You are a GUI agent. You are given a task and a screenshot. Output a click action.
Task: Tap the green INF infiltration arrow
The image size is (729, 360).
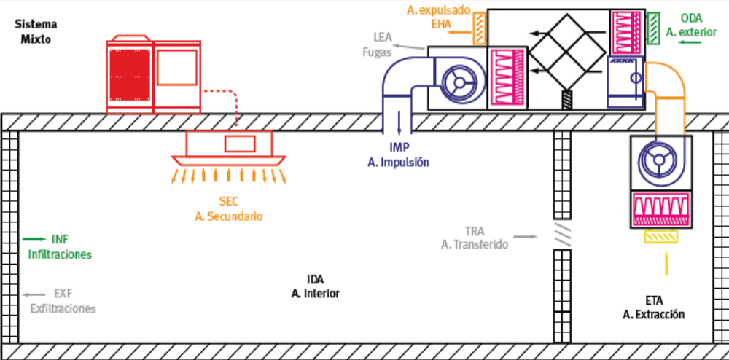34,239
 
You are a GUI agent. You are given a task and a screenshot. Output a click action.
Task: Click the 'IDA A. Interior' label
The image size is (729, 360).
315,286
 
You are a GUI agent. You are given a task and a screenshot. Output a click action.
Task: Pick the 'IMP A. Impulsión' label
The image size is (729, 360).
398,155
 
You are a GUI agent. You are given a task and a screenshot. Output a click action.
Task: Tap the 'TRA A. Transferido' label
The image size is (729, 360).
474,238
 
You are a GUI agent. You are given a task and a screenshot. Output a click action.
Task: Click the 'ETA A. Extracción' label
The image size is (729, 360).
654,307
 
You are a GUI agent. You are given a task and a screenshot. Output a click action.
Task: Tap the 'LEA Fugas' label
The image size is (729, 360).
382,44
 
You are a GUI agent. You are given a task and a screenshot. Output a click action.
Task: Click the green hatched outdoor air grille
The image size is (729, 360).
653,28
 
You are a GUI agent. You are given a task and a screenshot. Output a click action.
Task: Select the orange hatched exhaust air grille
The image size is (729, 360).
479,28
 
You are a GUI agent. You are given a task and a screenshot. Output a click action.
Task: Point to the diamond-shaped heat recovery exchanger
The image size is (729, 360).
568,47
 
